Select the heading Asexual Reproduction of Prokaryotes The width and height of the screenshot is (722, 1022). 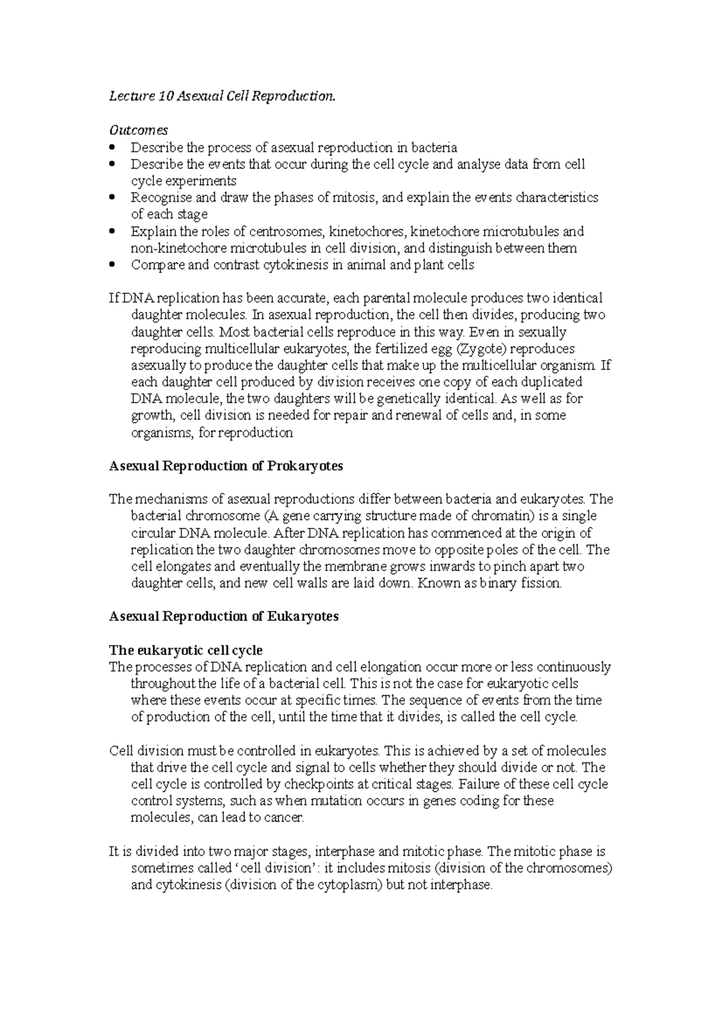coord(226,466)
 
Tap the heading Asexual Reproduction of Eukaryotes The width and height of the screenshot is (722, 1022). coord(224,616)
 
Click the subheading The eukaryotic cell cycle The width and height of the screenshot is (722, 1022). coord(185,650)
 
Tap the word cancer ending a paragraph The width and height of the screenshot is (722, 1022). coord(286,818)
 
